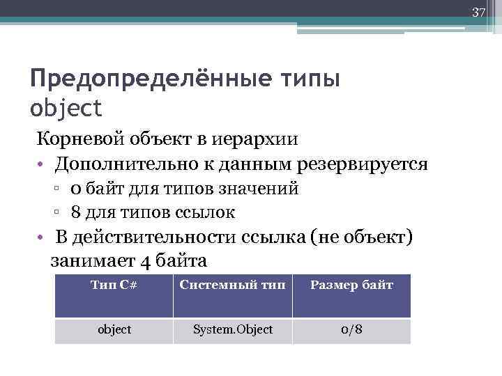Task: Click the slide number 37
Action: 478,12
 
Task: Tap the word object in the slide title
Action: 66,108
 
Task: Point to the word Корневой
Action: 79,138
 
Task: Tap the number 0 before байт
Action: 75,189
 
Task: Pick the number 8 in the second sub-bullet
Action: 75,212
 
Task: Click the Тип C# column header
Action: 114,285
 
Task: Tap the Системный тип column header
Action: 232,285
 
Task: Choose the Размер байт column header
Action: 351,285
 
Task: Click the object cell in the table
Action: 114,329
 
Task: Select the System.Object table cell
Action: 232,329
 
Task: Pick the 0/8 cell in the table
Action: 351,329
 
